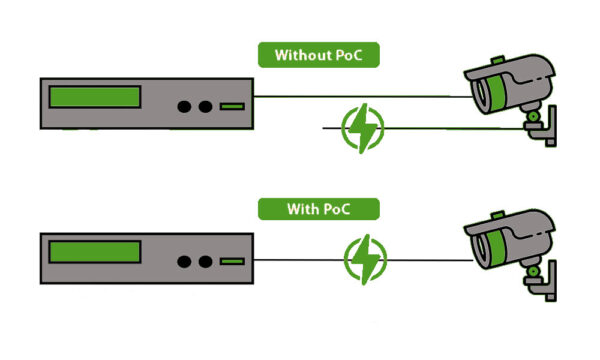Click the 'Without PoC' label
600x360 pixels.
tap(319, 55)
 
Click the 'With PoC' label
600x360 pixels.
tap(319, 209)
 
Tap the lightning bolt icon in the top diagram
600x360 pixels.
tap(362, 128)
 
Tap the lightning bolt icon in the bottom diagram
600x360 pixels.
tap(365, 259)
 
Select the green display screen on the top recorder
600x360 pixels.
tap(95, 97)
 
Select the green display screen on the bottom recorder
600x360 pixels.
tap(95, 252)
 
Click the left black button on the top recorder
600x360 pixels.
tap(184, 106)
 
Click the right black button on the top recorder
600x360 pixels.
tap(205, 106)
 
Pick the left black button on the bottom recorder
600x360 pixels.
tap(184, 262)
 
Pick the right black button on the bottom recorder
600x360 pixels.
tap(205, 262)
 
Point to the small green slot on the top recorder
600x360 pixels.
tap(232, 106)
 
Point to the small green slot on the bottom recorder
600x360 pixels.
tap(232, 262)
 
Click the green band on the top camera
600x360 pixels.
tap(496, 93)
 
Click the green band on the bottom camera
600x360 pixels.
tap(496, 248)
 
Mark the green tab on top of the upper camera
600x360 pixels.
tap(498, 60)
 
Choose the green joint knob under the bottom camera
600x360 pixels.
tap(533, 271)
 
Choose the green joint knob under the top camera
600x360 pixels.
tap(533, 116)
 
